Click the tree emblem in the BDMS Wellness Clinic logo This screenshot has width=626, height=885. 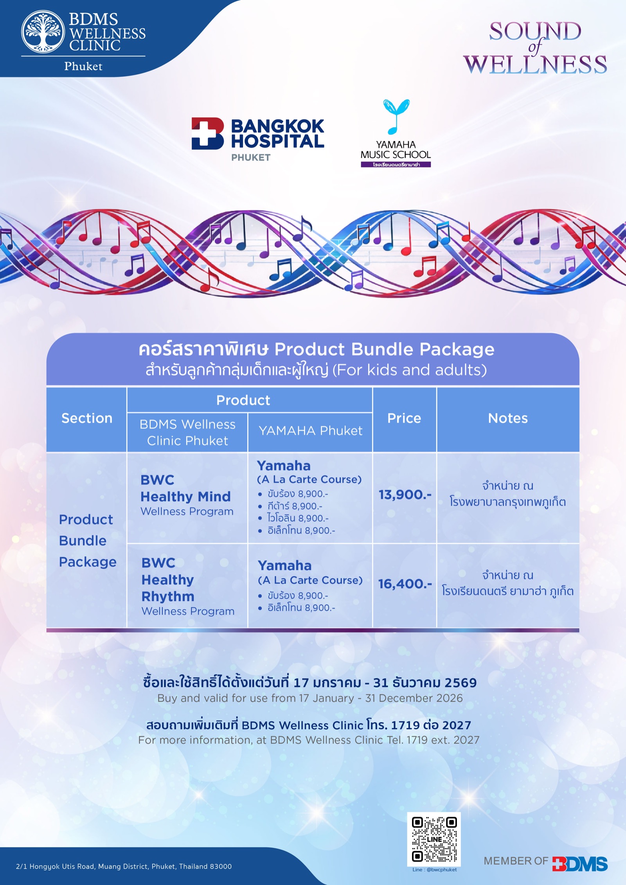tap(43, 32)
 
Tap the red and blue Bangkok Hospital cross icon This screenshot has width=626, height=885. tap(207, 133)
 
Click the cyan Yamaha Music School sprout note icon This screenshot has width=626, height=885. tap(396, 116)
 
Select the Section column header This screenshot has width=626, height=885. tap(87, 418)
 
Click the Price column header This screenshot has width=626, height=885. tap(404, 418)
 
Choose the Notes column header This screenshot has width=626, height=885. tap(508, 418)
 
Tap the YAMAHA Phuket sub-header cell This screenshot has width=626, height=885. tap(310, 431)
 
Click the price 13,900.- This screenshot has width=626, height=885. tap(405, 495)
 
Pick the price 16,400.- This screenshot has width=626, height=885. tap(405, 584)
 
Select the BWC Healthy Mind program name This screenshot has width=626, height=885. tap(185, 488)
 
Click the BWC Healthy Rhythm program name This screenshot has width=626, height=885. tap(168, 579)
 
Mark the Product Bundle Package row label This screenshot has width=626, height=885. tap(88, 541)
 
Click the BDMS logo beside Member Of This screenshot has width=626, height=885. tap(580, 864)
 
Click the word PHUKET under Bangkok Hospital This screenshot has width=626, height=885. tap(251, 158)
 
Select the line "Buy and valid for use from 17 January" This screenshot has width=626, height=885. tap(255, 698)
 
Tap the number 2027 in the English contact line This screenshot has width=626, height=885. tap(466, 740)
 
